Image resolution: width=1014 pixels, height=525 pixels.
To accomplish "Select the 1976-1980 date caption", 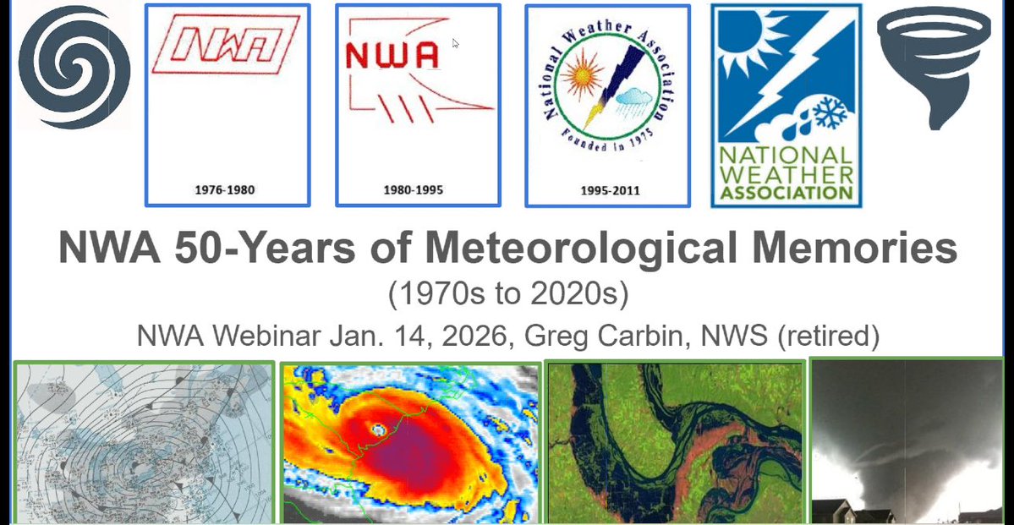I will (x=227, y=190).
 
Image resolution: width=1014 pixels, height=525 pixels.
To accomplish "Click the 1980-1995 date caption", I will (x=418, y=190).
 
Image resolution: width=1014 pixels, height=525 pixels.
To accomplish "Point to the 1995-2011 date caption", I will (x=607, y=190).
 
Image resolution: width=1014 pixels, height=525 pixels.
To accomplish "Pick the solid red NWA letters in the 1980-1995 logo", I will (x=392, y=56).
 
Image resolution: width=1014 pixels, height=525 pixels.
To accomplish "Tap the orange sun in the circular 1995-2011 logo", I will (x=583, y=85).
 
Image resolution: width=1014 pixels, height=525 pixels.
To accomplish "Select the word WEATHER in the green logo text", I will (x=787, y=174).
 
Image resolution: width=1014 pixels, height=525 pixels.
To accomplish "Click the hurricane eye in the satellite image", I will (x=377, y=429).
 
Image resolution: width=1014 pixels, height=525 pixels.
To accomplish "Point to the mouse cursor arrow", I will (x=455, y=42).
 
